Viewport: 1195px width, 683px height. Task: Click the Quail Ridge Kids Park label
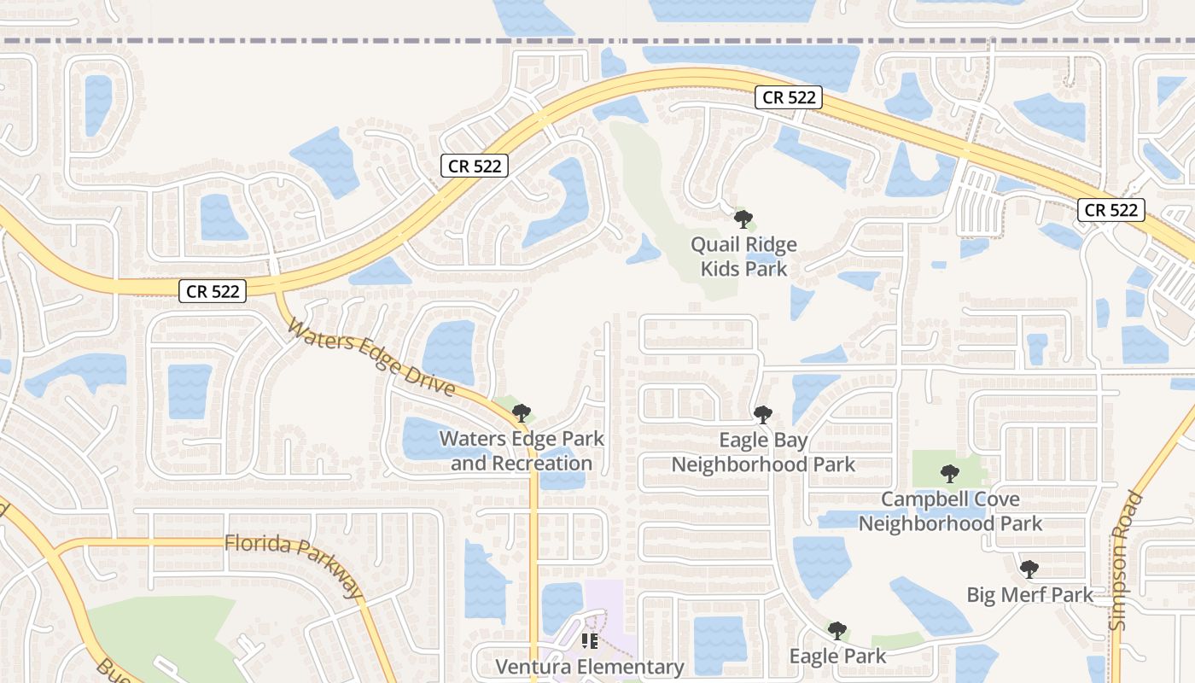click(x=743, y=256)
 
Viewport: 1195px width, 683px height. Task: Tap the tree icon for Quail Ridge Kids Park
click(x=743, y=219)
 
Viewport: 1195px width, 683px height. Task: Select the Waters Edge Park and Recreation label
click(x=522, y=451)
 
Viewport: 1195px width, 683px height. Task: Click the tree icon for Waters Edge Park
click(x=522, y=413)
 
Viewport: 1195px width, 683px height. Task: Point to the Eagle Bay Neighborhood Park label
click(x=763, y=452)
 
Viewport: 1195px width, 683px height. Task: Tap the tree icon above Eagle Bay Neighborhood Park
click(x=763, y=415)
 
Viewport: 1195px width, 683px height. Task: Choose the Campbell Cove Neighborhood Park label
click(x=950, y=511)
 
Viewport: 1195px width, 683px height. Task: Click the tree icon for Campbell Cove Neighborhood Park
click(x=950, y=474)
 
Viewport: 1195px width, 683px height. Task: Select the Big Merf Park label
click(x=1029, y=594)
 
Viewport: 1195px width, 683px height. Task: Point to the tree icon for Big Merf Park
click(x=1029, y=569)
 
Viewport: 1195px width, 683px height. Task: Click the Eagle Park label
click(x=837, y=656)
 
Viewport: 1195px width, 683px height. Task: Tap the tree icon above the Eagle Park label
click(x=837, y=631)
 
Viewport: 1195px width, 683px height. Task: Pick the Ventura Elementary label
click(x=590, y=667)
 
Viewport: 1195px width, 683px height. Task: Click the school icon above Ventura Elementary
click(x=589, y=640)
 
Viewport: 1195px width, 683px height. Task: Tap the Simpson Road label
click(x=1125, y=560)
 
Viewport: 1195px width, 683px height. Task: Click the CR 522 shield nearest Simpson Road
click(x=1110, y=210)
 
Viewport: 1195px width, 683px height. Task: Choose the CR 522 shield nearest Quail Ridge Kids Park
click(x=789, y=97)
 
